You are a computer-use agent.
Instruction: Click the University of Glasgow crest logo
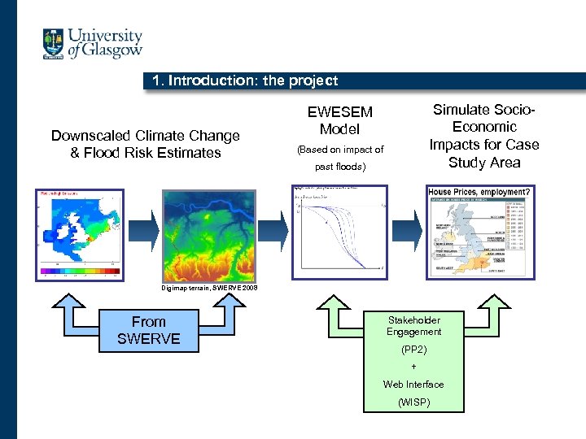tap(54, 43)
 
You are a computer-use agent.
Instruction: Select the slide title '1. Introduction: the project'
tap(245, 80)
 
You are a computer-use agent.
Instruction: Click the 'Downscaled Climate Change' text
tap(146, 136)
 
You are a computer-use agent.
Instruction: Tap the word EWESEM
tap(339, 112)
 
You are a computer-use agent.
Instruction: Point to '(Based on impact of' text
tap(340, 150)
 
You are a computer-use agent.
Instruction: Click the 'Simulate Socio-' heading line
tap(483, 110)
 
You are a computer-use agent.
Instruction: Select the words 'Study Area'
tap(483, 162)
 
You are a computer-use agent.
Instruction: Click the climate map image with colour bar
tap(79, 235)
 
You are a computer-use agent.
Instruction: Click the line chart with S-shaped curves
tap(339, 230)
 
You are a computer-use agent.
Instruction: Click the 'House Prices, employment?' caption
tap(479, 192)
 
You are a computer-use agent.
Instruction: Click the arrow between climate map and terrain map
tap(143, 232)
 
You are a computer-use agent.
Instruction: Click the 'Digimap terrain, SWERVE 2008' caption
tap(209, 288)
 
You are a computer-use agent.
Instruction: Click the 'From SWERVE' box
tap(148, 330)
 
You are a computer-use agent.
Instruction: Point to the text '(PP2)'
tap(413, 350)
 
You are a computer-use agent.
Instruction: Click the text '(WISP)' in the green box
tap(413, 402)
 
